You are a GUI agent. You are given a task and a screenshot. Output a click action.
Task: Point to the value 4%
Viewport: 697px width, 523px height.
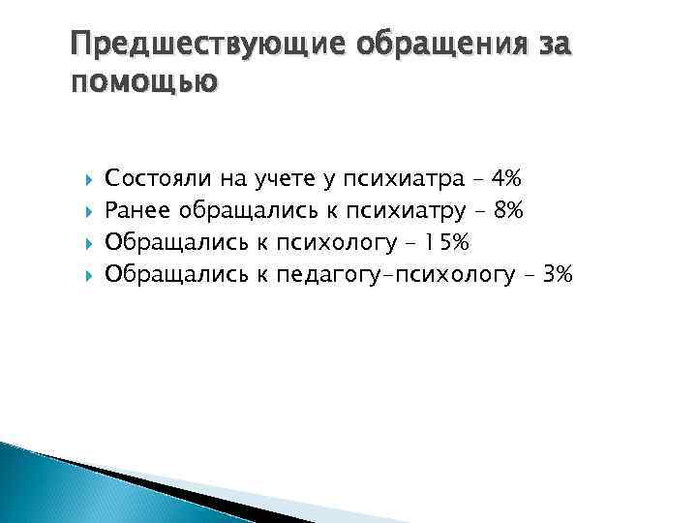[505, 178]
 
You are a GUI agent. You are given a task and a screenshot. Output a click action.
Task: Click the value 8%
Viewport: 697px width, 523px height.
[507, 210]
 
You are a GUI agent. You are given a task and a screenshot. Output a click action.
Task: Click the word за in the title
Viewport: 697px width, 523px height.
[557, 46]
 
